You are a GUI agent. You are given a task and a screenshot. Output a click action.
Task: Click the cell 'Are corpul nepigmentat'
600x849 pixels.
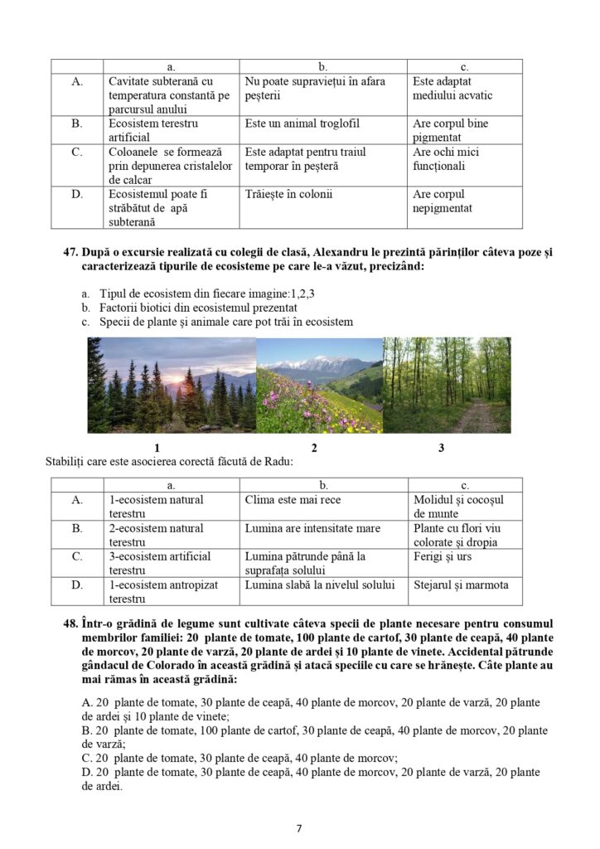[442, 201]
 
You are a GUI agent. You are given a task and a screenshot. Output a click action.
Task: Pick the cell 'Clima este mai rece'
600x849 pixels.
[293, 500]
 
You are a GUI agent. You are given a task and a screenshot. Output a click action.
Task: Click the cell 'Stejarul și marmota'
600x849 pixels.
[460, 585]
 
